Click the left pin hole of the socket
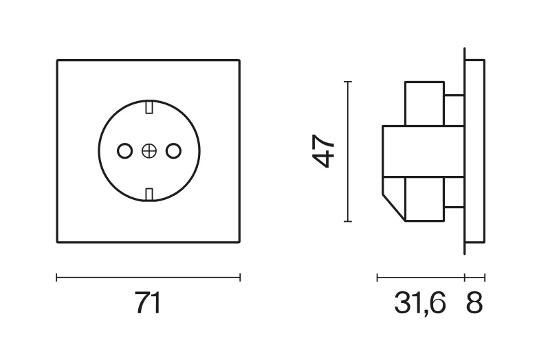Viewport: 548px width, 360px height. (x=124, y=150)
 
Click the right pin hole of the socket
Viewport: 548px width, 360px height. (x=173, y=150)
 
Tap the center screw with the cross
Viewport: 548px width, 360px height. (x=149, y=150)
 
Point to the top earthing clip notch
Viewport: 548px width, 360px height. (x=149, y=107)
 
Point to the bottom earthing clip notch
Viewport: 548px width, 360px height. (x=149, y=194)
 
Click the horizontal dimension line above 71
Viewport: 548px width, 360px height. (x=148, y=278)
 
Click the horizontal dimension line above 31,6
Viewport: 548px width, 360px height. (x=421, y=278)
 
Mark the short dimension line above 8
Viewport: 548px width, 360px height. (x=475, y=278)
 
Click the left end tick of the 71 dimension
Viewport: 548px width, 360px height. (x=56, y=278)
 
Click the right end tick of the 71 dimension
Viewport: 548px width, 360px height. (x=240, y=278)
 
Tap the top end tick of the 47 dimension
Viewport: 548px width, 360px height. (x=348, y=82)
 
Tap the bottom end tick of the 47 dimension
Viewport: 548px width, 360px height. (x=348, y=222)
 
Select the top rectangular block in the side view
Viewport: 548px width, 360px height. (x=424, y=103)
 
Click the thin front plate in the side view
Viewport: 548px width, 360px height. (x=474, y=151)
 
